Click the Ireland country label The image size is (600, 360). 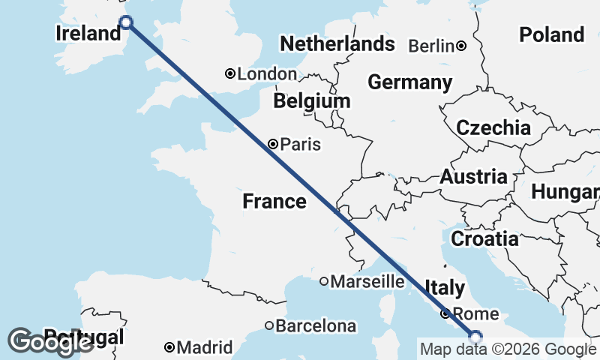point(88,33)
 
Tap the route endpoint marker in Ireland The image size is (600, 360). point(126,22)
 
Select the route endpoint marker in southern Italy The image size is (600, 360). point(475,336)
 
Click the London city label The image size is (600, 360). point(267,74)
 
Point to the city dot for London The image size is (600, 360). point(231,73)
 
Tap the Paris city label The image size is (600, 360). point(300,144)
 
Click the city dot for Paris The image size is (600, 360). point(274,144)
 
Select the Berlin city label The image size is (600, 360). point(431,46)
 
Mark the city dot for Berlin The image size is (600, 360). point(462,46)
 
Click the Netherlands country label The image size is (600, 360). point(337,44)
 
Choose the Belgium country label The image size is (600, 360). point(311,100)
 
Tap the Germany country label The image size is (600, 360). point(409,82)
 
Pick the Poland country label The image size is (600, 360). point(551,34)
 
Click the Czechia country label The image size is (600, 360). point(493,127)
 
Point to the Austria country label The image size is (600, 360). point(473,177)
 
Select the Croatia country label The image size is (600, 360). point(484,239)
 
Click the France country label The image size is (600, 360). point(274,201)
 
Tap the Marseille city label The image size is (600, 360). point(367,282)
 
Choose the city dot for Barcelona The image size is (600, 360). point(269,325)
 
